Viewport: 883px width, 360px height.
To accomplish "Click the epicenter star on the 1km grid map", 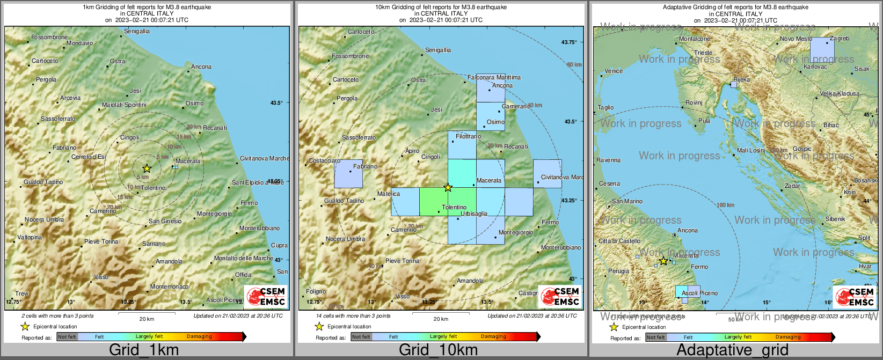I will pos(147,168).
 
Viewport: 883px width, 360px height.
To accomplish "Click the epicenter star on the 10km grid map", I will pos(448,187).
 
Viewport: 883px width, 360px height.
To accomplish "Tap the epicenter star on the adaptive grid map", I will pos(663,261).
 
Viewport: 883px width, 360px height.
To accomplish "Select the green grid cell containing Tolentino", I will pos(434,202).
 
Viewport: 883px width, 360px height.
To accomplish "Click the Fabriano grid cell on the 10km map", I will pos(348,174).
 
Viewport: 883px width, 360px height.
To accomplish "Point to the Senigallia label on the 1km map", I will pos(137,31).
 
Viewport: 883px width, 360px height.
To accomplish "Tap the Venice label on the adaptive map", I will pos(614,71).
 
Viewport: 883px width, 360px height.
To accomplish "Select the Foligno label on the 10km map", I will pos(316,291).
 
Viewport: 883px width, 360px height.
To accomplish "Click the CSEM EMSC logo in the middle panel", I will pos(560,297).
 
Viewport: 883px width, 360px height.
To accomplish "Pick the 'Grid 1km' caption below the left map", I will pos(144,350).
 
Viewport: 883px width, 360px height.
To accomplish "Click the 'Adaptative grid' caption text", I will pos(732,350).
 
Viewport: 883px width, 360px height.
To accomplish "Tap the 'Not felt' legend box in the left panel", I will pos(67,337).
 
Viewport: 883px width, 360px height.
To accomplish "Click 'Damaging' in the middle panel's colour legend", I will pos(493,337).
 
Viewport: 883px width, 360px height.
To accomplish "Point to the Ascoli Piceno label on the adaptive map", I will pos(699,293).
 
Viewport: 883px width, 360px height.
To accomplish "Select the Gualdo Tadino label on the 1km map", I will pos(43,182).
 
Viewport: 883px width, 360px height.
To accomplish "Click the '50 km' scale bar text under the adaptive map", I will pos(735,320).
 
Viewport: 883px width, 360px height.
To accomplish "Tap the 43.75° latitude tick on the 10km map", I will pos(568,42).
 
